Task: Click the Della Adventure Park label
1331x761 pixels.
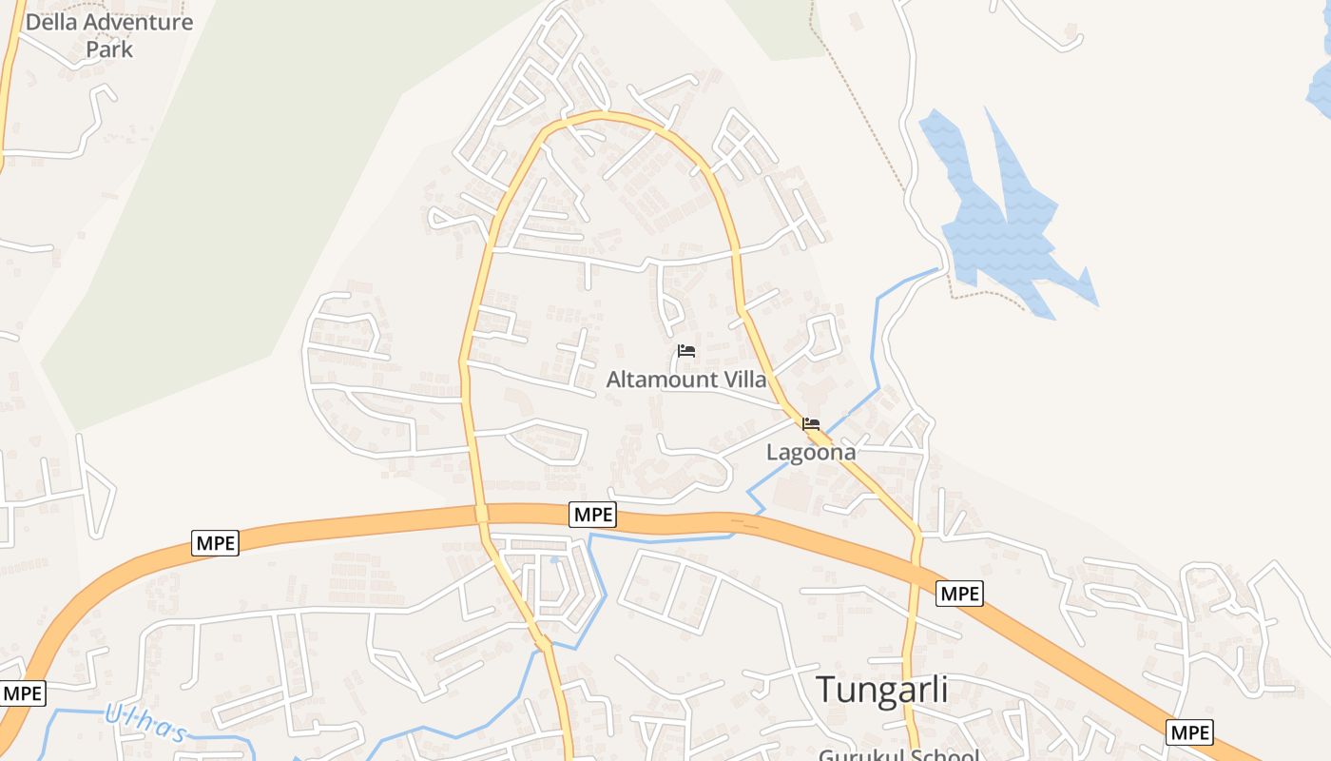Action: [x=109, y=34]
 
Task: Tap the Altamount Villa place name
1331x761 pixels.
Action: [x=686, y=380]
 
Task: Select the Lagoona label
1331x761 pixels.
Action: [x=811, y=453]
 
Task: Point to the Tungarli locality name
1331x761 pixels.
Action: [x=882, y=690]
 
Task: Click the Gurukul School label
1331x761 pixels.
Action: [x=898, y=755]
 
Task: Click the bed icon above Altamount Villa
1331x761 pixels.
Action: [x=686, y=351]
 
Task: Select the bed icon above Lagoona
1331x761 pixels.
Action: [x=811, y=424]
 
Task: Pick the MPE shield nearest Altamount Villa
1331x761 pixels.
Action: [x=593, y=515]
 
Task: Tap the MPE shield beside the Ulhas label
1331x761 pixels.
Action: [x=22, y=693]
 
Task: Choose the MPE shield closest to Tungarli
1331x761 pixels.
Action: [x=958, y=594]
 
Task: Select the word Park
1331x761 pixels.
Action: [x=109, y=49]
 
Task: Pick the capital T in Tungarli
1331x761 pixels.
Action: [x=826, y=690]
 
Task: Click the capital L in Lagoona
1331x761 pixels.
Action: [x=773, y=453]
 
